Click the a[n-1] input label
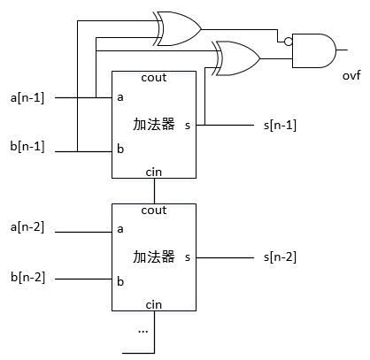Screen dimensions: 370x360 click(x=27, y=97)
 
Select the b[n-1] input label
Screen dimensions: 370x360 click(x=27, y=146)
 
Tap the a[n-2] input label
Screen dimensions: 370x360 click(x=27, y=227)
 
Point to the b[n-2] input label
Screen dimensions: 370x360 click(x=27, y=278)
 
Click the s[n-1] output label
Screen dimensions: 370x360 click(x=280, y=126)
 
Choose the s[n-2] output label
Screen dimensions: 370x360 click(x=280, y=257)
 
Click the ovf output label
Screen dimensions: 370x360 click(x=351, y=75)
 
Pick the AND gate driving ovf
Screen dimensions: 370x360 click(x=313, y=50)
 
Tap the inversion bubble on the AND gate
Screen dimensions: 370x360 click(x=289, y=42)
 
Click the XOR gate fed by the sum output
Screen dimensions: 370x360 click(x=236, y=58)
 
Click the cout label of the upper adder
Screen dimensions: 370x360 click(x=154, y=78)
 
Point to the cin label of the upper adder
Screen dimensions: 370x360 click(x=154, y=172)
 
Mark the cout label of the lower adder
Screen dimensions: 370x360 click(x=154, y=211)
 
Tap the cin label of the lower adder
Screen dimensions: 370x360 click(x=154, y=305)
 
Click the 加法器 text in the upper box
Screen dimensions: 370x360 click(x=154, y=124)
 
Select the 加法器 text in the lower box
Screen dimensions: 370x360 click(x=154, y=257)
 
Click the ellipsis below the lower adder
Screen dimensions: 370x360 click(x=143, y=332)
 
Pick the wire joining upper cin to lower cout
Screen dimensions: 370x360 click(x=154, y=191)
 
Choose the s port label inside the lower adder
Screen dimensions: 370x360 click(x=188, y=257)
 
